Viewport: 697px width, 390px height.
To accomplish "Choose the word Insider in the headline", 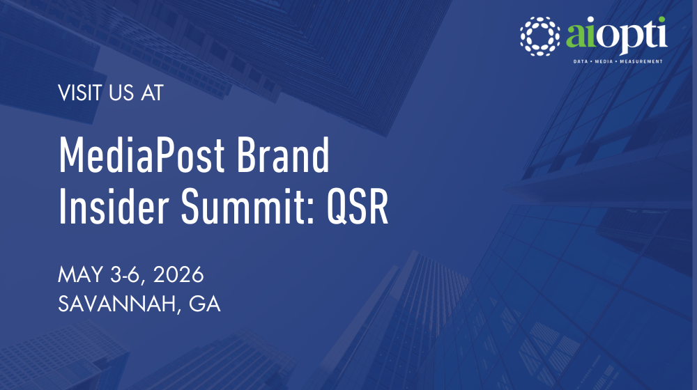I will pyautogui.click(x=105, y=206).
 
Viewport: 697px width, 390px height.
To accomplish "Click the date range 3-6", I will pyautogui.click(x=121, y=276).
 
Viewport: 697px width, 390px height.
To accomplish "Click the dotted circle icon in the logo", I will pyautogui.click(x=541, y=35).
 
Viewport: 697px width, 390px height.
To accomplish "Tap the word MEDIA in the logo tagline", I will pyautogui.click(x=604, y=62).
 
